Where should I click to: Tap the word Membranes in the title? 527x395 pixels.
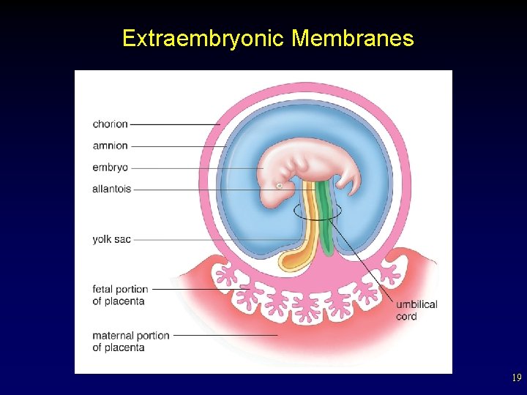352,38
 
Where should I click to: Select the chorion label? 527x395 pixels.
110,124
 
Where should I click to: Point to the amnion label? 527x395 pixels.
110,146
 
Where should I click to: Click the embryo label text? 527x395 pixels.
110,168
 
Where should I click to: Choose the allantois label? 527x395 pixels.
112,189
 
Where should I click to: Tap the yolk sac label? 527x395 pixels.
111,239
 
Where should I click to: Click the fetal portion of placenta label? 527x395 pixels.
120,295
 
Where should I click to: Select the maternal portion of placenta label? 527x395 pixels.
130,342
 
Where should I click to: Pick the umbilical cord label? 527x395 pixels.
416,310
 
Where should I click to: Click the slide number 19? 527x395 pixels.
516,378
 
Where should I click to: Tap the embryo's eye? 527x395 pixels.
279,187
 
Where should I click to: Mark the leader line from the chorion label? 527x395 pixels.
176,124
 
